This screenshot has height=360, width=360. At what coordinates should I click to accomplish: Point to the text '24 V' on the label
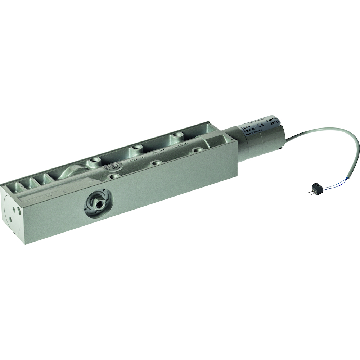pyautogui.click(x=247, y=127)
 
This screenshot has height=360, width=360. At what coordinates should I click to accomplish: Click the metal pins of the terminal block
pyautogui.click(x=310, y=192)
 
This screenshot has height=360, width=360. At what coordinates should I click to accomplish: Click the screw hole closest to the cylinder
pyautogui.click(x=197, y=150)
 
